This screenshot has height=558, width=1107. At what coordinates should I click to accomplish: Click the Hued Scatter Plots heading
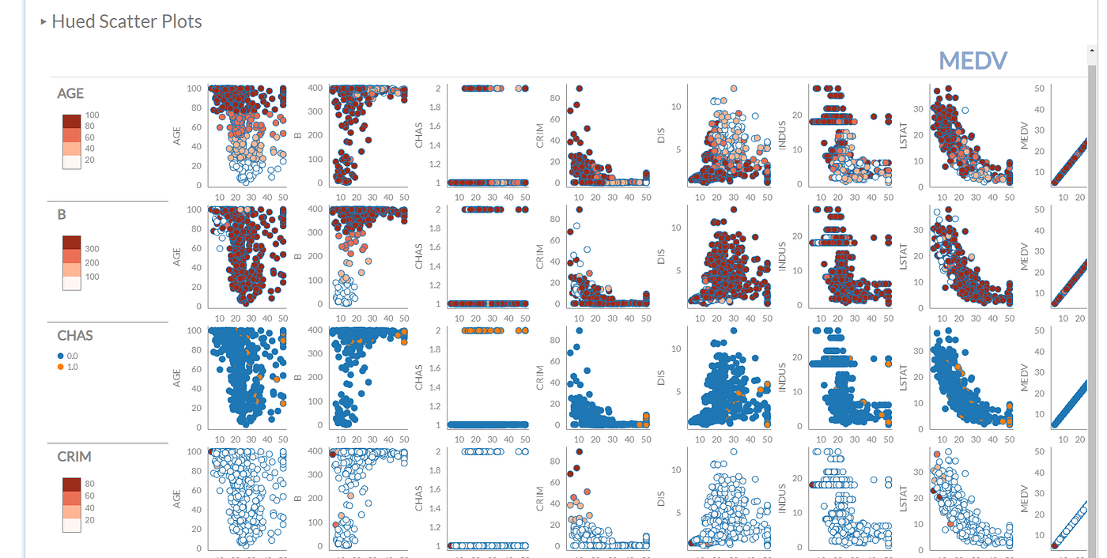coord(127,21)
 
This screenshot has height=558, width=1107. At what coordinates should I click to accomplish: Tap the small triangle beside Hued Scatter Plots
coord(43,22)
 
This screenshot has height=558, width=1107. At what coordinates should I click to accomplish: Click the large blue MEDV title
coord(973,60)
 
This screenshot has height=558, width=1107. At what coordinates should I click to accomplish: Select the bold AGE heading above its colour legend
coord(70,93)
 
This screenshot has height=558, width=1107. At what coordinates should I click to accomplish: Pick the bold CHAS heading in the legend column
coord(75,335)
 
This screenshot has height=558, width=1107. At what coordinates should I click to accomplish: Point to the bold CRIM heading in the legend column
coord(74,456)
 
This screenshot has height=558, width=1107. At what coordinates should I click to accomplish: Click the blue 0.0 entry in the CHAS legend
coord(72,356)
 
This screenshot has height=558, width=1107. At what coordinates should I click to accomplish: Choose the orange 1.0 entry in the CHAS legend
coord(72,367)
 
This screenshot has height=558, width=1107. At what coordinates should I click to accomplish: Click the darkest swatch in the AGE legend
coord(72,121)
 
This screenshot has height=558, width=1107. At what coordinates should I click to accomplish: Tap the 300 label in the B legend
coord(92,249)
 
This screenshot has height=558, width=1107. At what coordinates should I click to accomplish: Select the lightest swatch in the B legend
coord(72,282)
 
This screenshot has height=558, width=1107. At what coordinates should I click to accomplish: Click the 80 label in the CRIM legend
coord(89,484)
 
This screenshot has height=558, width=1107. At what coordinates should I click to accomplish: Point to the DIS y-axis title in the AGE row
coord(661,135)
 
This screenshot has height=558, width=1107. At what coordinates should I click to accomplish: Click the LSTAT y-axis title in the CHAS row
coord(903,377)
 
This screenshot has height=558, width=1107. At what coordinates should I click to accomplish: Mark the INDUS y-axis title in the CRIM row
coord(782,498)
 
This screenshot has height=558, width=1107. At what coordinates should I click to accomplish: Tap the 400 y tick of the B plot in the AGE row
coord(315,88)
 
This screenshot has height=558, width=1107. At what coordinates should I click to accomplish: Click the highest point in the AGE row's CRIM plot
coord(579,89)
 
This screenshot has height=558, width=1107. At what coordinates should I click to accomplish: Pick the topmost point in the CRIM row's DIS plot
coord(733,452)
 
